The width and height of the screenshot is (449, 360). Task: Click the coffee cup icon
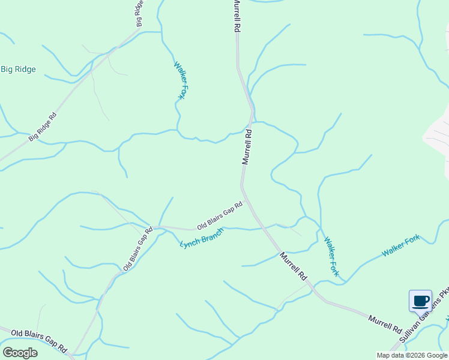point(420,300)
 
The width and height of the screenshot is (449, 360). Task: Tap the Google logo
point(20,353)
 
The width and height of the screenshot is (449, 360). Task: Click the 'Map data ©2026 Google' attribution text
point(412,355)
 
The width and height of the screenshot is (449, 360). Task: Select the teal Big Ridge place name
point(18,70)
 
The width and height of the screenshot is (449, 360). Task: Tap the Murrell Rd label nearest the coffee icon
point(385,323)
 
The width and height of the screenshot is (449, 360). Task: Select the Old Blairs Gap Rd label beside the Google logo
point(40,340)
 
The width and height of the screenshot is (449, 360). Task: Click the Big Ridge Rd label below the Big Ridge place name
point(43,127)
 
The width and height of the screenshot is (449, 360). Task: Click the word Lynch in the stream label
point(190,243)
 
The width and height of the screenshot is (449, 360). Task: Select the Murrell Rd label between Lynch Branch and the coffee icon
point(294,266)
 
